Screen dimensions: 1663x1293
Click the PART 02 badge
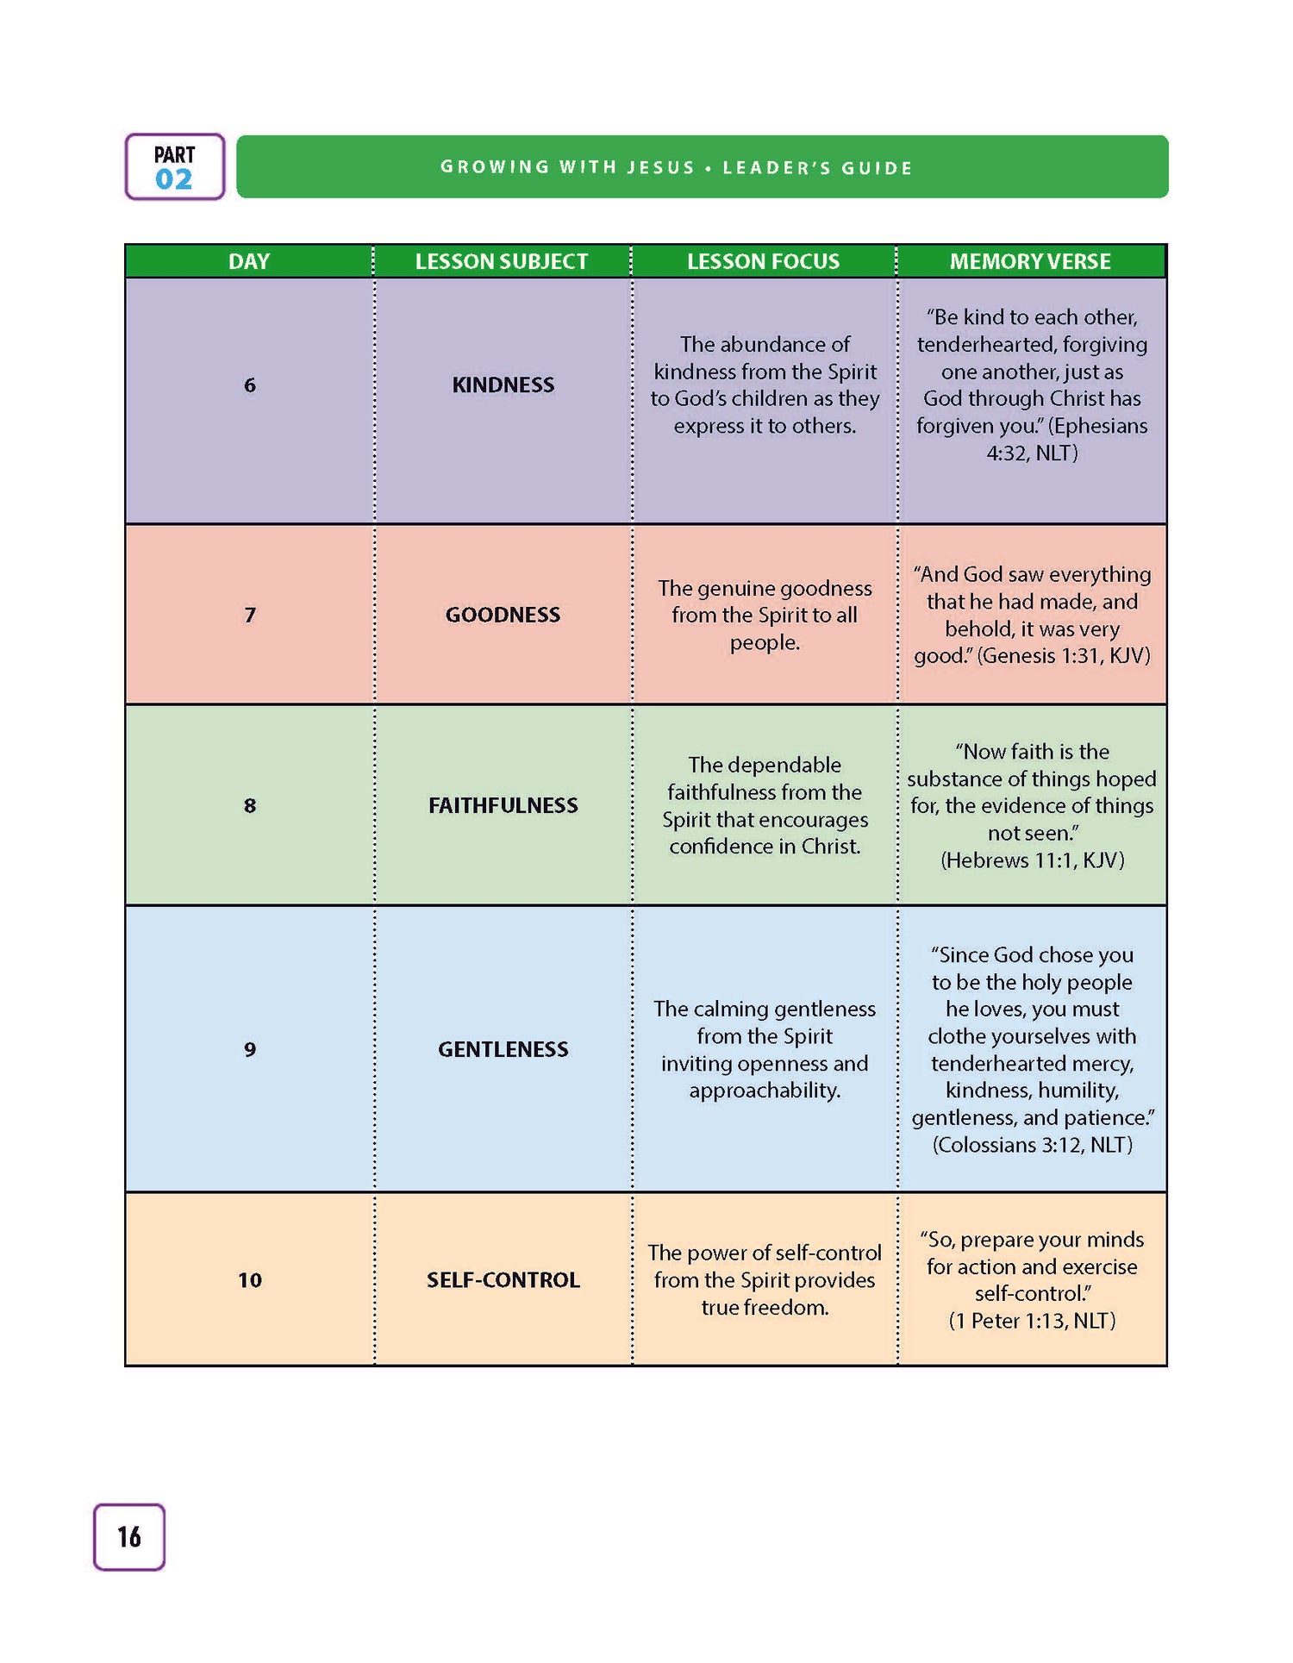point(174,167)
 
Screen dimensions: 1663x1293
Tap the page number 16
point(129,1536)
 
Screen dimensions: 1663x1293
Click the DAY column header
point(249,261)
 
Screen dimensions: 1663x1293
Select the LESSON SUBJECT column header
point(502,261)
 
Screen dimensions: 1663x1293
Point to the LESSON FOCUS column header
point(763,261)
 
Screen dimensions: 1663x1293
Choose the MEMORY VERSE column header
point(1030,261)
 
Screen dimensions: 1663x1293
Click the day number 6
point(250,385)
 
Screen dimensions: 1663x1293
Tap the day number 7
point(250,615)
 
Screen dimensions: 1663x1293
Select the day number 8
point(250,805)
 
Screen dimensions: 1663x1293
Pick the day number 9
point(250,1049)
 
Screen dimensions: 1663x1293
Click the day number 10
point(250,1279)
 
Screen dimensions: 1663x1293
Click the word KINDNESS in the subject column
point(503,385)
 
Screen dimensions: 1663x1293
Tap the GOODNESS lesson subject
point(503,615)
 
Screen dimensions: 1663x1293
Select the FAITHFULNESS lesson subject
point(503,805)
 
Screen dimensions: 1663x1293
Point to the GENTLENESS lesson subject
point(503,1049)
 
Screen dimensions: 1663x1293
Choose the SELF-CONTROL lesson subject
point(503,1279)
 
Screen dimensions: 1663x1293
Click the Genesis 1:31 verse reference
point(1065,656)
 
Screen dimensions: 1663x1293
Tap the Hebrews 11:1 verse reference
point(1033,860)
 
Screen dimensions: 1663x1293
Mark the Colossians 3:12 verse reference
point(1033,1145)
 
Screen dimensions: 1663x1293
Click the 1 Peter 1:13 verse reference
point(1033,1321)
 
